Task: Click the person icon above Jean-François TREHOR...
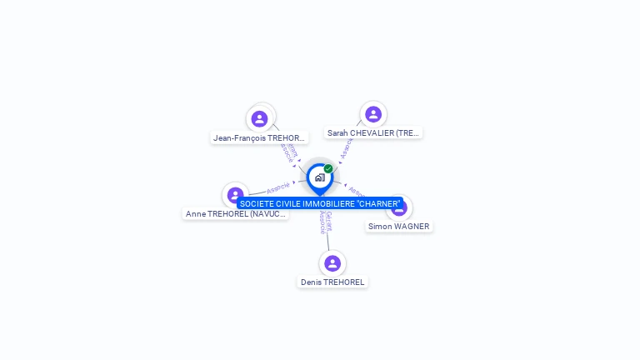click(259, 118)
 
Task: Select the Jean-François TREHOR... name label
click(260, 138)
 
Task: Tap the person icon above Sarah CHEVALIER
click(372, 114)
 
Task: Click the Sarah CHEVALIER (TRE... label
click(373, 132)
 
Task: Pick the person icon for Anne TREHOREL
click(236, 195)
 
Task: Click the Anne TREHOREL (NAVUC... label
click(236, 214)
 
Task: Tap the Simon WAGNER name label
click(399, 227)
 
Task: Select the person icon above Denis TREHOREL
click(332, 263)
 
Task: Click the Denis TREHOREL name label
click(332, 282)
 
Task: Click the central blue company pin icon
click(319, 177)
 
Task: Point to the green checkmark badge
click(328, 169)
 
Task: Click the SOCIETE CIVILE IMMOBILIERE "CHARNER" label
click(320, 204)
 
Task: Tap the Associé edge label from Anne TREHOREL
click(278, 187)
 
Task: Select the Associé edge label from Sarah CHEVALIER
click(347, 148)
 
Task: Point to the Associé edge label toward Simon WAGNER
click(356, 191)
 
